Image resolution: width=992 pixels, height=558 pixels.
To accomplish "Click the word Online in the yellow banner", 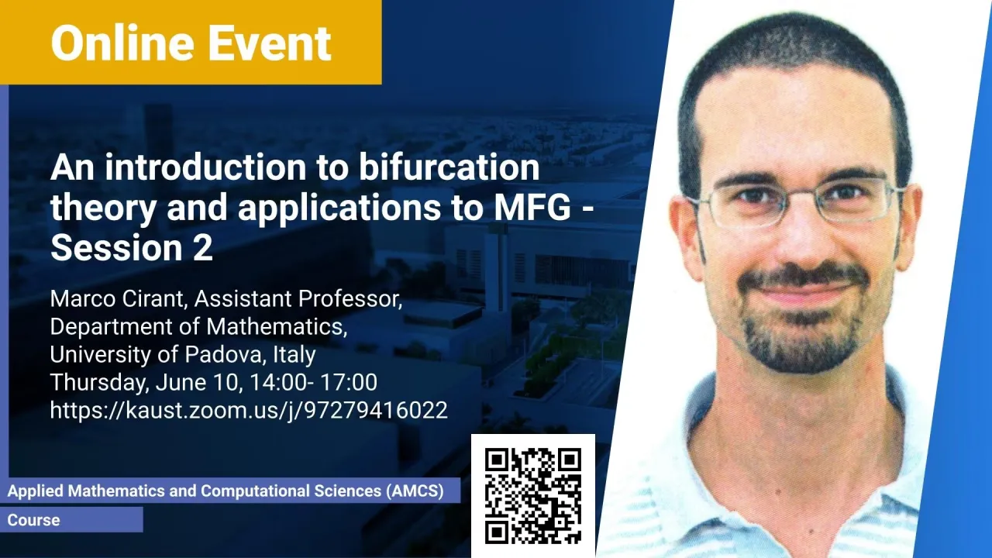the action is pyautogui.click(x=122, y=43).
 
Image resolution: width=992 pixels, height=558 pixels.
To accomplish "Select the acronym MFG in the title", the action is pyautogui.click(x=532, y=207).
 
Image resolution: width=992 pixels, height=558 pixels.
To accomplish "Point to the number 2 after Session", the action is pyautogui.click(x=203, y=247).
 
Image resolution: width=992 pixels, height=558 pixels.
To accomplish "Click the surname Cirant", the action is pyautogui.click(x=153, y=298).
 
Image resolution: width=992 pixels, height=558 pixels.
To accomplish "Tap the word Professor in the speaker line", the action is pyautogui.click(x=350, y=298).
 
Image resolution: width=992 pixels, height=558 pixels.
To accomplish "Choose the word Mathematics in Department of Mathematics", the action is pyautogui.click(x=277, y=326).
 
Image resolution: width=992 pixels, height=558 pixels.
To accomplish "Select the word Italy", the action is pyautogui.click(x=294, y=354).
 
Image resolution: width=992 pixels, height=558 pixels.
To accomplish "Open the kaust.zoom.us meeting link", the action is pyautogui.click(x=249, y=410).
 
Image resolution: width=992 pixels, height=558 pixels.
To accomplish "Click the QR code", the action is pyautogui.click(x=533, y=496).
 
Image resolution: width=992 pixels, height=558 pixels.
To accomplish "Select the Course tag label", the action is pyautogui.click(x=33, y=520).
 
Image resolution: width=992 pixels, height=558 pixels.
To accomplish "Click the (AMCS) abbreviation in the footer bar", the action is pyautogui.click(x=415, y=491).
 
